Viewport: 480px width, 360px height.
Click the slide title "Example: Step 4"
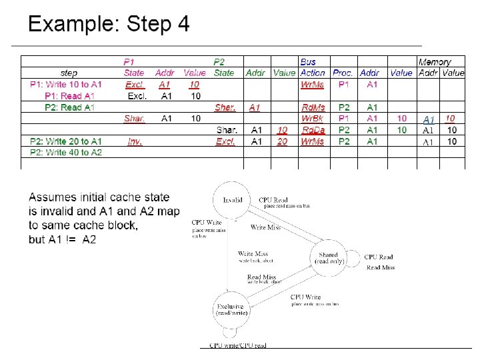coord(109,25)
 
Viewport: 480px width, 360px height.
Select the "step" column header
coord(69,73)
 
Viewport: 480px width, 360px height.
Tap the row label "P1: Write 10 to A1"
coord(66,85)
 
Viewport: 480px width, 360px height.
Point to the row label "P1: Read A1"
coord(69,96)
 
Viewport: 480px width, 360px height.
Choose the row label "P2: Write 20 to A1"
coord(66,141)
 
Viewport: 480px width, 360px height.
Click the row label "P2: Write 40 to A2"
coord(66,153)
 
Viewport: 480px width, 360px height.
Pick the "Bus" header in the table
coord(308,62)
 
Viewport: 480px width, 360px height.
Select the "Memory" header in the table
coord(435,62)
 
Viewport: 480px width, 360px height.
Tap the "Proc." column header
coord(343,73)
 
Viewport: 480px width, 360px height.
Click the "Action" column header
coord(313,73)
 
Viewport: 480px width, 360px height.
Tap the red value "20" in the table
coord(283,141)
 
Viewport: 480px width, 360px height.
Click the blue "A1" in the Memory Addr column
coord(429,119)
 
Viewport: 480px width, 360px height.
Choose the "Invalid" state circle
coord(233,199)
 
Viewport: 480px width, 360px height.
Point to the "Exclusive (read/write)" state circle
coord(232,309)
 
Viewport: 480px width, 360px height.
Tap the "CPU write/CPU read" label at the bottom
coord(237,345)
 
